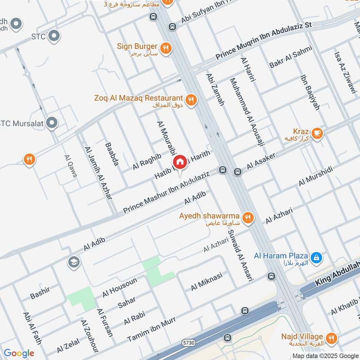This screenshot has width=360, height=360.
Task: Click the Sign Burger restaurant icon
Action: point(166,47)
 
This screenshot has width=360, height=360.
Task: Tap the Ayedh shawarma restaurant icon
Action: point(248,218)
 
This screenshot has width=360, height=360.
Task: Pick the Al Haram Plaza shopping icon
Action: point(317,257)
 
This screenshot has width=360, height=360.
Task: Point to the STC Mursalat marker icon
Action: point(52,122)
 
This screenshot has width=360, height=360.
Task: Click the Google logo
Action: point(18,353)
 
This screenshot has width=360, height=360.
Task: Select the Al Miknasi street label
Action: point(207,281)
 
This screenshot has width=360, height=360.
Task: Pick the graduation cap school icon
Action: point(73,261)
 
